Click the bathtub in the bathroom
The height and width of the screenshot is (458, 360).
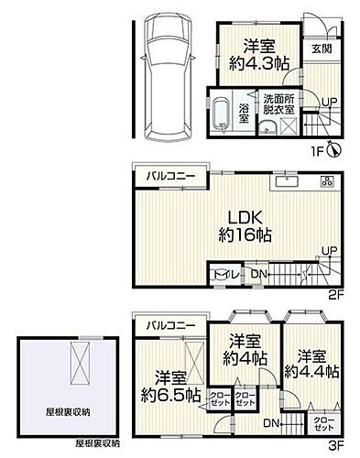click(x=220, y=116)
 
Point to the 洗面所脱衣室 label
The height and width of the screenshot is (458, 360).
click(x=278, y=104)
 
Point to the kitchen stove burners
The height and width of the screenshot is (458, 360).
click(x=327, y=183)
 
